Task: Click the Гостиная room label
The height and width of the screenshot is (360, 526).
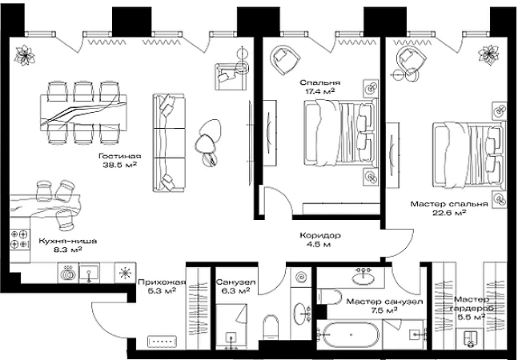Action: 120,156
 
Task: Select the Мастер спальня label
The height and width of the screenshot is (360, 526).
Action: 449,204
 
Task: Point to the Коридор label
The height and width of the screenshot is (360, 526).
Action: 320,235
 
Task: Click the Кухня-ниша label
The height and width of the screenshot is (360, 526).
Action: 68,241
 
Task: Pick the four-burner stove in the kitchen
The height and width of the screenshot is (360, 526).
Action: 18,239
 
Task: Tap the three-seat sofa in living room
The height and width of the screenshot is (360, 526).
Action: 169,143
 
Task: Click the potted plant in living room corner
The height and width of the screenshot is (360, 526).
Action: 25,54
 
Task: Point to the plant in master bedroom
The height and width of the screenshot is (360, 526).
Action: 488,54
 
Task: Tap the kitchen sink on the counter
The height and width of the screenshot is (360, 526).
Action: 89,272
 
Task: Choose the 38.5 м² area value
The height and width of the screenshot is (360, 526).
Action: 120,165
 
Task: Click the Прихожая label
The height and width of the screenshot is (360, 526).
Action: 162,282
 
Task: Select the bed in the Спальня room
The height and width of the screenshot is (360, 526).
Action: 339,133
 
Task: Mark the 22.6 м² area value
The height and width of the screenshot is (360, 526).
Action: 449,213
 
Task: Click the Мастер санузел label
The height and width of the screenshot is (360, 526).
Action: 384,302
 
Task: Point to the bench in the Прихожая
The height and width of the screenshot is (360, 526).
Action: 162,342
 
